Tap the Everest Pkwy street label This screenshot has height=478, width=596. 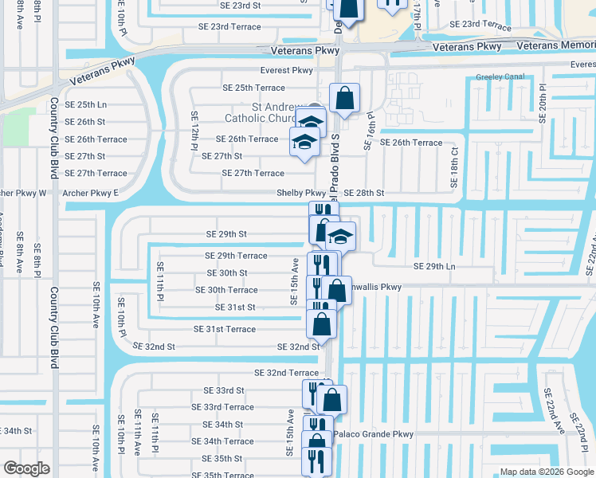click(291, 70)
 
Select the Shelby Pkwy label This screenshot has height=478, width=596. click(300, 193)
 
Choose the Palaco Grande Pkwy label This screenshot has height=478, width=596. click(374, 434)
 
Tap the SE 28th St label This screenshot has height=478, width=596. click(365, 193)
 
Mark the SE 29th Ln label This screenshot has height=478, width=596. click(434, 266)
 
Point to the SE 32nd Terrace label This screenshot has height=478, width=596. click(286, 373)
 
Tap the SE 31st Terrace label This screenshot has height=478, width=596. click(225, 329)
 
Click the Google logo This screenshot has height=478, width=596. click(26, 468)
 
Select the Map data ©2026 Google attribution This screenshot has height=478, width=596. click(546, 471)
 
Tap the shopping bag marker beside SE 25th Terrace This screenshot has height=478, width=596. click(344, 100)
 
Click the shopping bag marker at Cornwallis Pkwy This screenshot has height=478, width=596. click(337, 290)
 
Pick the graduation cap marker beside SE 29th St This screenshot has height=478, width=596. click(341, 236)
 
